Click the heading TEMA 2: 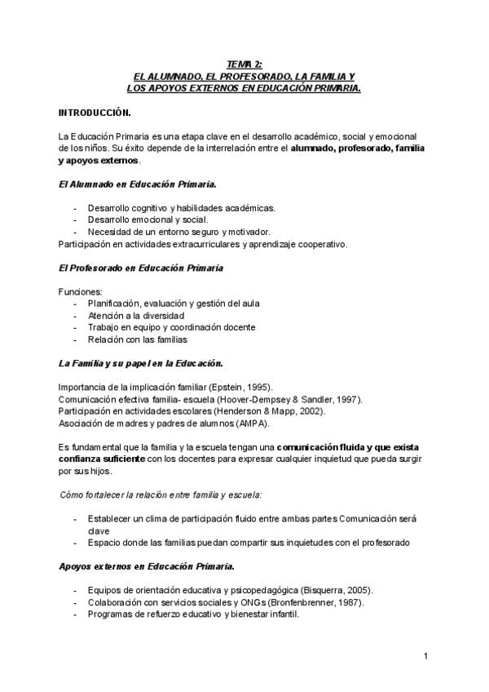pyautogui.click(x=244, y=64)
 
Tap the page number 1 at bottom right pyautogui.click(x=425, y=656)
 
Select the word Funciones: pyautogui.click(x=81, y=291)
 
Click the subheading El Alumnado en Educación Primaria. pyautogui.click(x=137, y=184)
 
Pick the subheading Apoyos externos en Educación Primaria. pyautogui.click(x=147, y=566)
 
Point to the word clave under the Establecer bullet pyautogui.click(x=99, y=530)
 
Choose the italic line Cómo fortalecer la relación pyautogui.click(x=160, y=495)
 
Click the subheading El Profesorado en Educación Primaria pyautogui.click(x=141, y=268)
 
